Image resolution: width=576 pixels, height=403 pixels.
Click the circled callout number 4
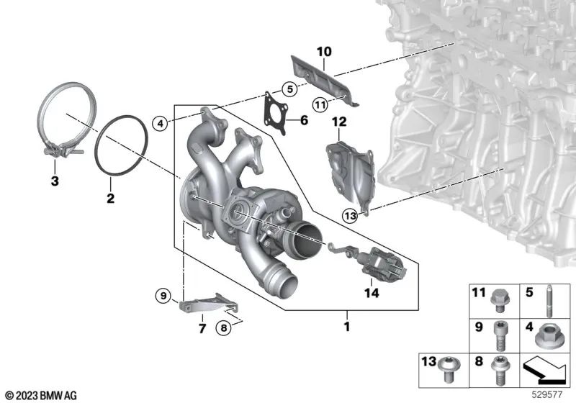[x=162, y=123]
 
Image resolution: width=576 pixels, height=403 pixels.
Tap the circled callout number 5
[x=288, y=89]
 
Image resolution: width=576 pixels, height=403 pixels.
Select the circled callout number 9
[x=163, y=295]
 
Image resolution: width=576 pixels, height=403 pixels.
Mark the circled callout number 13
[x=350, y=215]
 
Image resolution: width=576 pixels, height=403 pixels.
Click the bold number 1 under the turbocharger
[x=346, y=327]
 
